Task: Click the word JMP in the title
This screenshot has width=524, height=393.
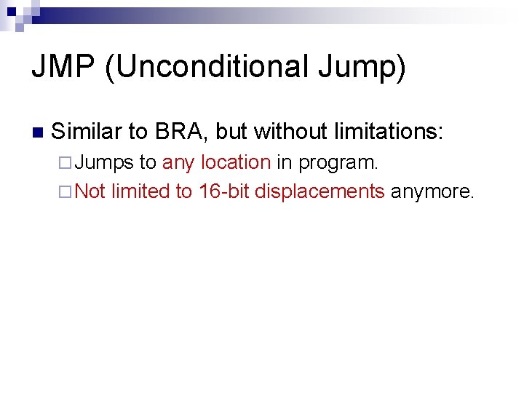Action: tap(63, 68)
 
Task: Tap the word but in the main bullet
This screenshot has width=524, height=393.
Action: tap(231, 132)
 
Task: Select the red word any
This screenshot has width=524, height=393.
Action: tap(178, 162)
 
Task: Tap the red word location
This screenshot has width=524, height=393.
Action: tap(235, 162)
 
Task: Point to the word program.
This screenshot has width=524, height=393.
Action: tap(338, 162)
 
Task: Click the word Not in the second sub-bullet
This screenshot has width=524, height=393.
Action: tap(90, 191)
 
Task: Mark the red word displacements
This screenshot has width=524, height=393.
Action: tap(319, 191)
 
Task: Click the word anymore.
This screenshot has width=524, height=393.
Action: tap(433, 191)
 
